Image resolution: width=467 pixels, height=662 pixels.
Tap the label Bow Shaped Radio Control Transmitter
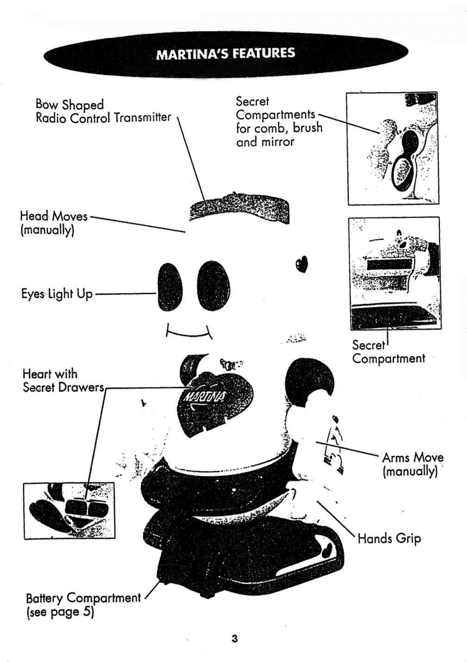[103, 111]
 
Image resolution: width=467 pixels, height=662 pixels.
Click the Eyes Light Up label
[57, 294]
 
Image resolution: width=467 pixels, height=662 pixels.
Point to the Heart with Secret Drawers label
[63, 380]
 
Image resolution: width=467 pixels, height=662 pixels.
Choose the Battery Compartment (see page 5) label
[83, 605]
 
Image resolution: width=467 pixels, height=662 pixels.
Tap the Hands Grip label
[389, 538]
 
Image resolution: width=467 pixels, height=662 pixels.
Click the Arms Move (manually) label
[412, 464]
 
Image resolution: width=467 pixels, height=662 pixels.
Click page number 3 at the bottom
[235, 639]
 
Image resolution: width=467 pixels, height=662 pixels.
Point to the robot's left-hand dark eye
[170, 287]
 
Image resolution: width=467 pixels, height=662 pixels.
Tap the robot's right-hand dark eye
[213, 285]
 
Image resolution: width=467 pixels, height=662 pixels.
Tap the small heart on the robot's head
[301, 263]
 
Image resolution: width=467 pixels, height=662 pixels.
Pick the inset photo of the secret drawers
[69, 510]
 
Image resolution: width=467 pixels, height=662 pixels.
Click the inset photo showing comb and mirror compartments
[392, 148]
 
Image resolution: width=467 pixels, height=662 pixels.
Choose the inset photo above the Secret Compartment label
[394, 273]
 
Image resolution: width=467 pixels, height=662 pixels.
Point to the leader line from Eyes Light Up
[125, 294]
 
